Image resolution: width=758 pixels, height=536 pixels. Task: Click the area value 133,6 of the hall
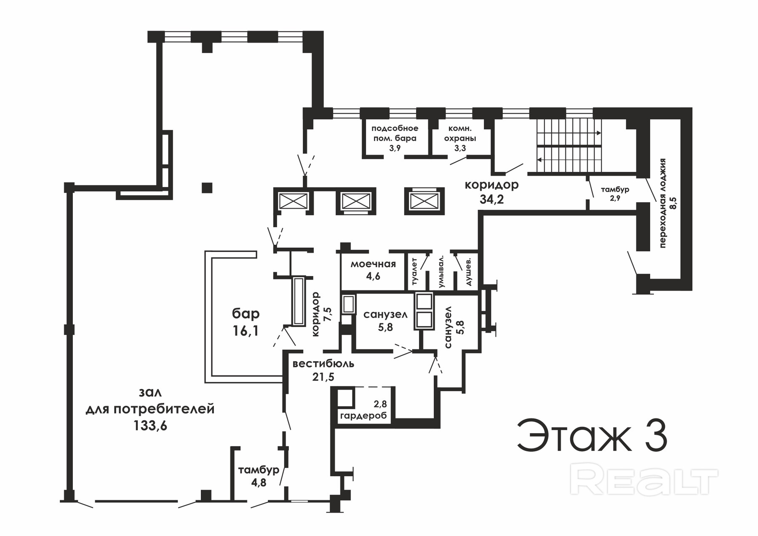point(150,426)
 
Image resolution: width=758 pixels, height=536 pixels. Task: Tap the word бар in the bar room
point(246,314)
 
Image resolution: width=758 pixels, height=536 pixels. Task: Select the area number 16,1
point(246,331)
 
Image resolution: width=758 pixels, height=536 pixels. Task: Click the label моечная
point(373,264)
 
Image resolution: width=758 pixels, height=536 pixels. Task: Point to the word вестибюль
point(323,364)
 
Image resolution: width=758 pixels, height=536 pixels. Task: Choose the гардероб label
point(363,416)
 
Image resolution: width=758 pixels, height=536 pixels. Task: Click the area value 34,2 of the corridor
point(492,199)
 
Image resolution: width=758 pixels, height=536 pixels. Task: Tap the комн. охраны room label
point(460,133)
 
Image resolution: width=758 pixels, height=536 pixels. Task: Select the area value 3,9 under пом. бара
point(395,148)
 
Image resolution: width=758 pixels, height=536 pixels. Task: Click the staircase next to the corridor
point(569,146)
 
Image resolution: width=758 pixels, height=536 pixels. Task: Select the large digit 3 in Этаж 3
point(654,435)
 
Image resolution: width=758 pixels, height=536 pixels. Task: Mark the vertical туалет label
point(414,272)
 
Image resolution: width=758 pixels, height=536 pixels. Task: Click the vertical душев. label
point(469,272)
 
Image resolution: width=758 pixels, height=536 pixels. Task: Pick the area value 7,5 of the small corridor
point(328,314)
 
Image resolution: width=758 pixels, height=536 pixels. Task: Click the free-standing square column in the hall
point(207,188)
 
